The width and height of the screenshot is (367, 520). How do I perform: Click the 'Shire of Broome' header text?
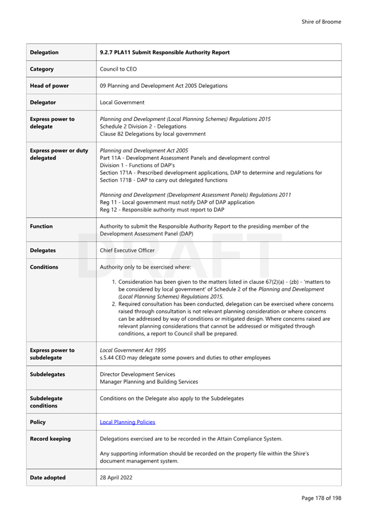point(321,22)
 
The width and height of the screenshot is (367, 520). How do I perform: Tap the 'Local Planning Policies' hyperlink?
point(127,422)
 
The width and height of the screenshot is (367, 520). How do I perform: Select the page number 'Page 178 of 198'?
point(321,498)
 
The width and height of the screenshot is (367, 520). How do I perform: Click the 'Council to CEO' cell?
point(118,69)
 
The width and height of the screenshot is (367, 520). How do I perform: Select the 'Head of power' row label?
point(49,86)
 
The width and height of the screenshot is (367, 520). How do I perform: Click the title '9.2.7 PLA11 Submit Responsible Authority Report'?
point(164,52)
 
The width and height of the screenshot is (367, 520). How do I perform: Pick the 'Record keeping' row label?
point(50,439)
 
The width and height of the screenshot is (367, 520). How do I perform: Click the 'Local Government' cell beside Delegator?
point(122,102)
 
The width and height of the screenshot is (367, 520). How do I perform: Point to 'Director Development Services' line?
point(137,374)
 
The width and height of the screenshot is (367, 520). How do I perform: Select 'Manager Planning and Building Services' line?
point(148,382)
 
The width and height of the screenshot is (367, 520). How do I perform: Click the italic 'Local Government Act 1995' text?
point(133,350)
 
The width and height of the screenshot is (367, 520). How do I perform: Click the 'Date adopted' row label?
point(47,478)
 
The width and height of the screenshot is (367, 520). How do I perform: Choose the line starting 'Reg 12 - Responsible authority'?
point(161,210)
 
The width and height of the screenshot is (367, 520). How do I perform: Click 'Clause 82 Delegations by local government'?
point(152,134)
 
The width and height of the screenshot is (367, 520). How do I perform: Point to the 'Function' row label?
point(41,226)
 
